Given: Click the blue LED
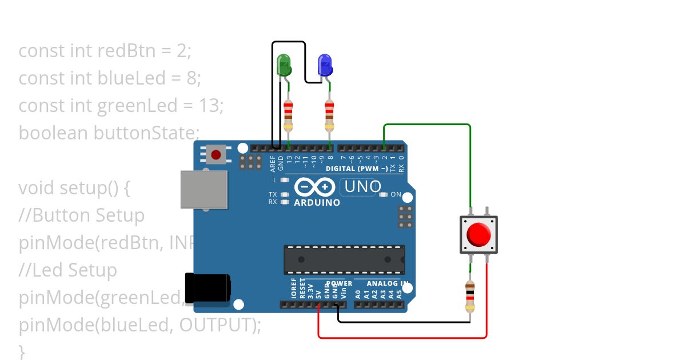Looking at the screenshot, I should pyautogui.click(x=325, y=65).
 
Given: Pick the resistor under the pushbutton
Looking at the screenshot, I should pyautogui.click(x=470, y=297).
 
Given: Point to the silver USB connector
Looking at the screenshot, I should pyautogui.click(x=204, y=189).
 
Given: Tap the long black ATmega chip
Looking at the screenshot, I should pyautogui.click(x=344, y=259).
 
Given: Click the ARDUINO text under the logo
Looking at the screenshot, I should pyautogui.click(x=317, y=203).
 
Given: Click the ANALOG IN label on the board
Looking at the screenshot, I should pyautogui.click(x=386, y=283).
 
